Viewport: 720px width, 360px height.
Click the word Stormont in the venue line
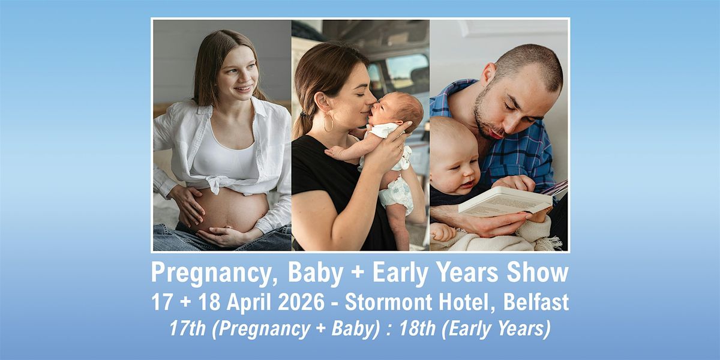coord(388,302)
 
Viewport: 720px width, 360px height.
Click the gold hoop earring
coord(329,122)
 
